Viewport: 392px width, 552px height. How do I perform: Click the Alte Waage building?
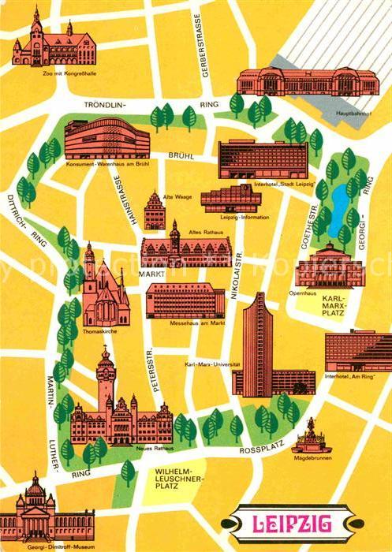[x=155, y=211]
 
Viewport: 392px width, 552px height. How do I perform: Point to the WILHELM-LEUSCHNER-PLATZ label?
[x=176, y=478]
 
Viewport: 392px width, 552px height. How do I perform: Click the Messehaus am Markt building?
[x=185, y=300]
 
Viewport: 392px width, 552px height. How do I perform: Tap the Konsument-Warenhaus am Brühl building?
[x=106, y=139]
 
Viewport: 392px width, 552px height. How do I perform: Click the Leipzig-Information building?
[x=230, y=199]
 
